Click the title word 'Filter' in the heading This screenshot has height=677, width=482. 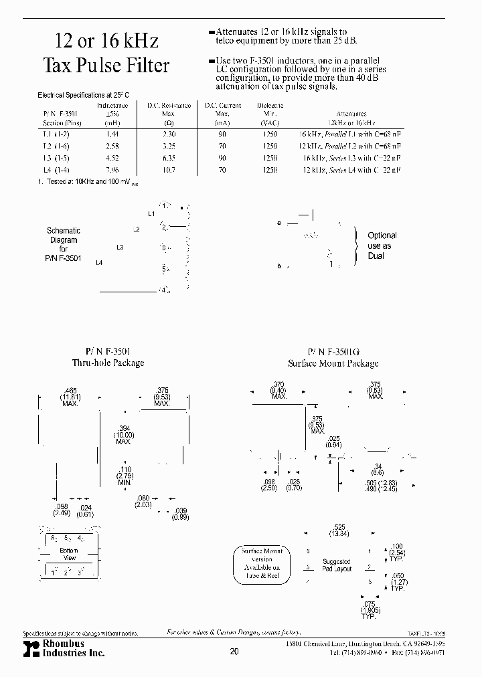pos(145,66)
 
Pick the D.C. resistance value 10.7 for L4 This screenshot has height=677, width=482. pos(169,170)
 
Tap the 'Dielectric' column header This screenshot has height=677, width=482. pos(270,105)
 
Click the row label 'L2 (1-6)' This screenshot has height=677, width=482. pos(56,146)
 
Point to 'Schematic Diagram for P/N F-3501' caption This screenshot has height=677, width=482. pos(64,244)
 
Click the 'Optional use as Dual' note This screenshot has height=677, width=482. pos(382,246)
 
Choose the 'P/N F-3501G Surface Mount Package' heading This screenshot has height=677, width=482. pos(333,357)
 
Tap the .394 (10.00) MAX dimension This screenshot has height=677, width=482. pos(123,436)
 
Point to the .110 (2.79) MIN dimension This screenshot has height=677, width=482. pos(124,476)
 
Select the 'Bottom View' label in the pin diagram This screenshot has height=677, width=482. pos(70,554)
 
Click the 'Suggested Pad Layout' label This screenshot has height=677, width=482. pos(337,565)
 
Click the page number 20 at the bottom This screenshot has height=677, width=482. pos(234,652)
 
